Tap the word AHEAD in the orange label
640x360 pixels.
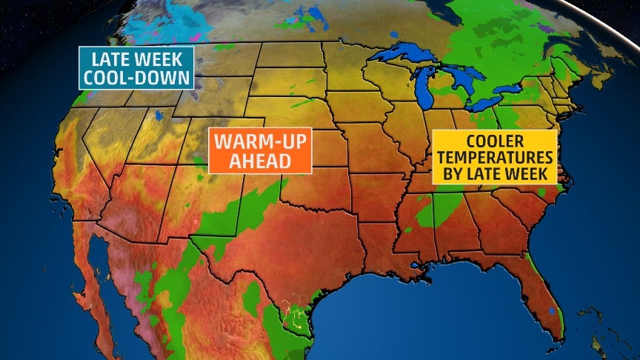(259, 161)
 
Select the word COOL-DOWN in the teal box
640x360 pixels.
(137, 78)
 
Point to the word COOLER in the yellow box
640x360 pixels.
(494, 141)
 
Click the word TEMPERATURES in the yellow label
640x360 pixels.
(494, 157)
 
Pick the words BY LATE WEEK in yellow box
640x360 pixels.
(494, 174)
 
